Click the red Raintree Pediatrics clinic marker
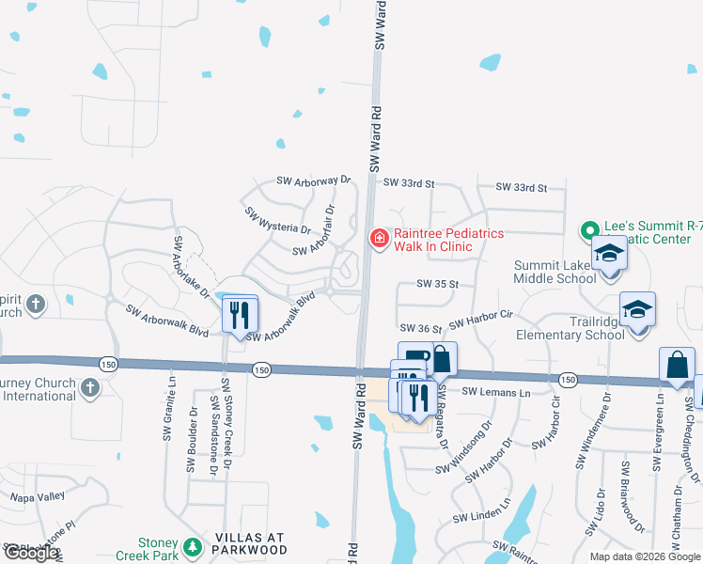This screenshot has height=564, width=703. (x=379, y=240)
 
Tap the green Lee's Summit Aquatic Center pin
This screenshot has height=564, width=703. (x=589, y=230)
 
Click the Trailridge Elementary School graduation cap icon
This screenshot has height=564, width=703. (x=637, y=311)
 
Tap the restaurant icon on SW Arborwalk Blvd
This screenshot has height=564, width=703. (x=240, y=313)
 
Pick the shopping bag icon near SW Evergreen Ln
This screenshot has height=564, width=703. (x=677, y=367)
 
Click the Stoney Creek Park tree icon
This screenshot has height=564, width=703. (x=193, y=546)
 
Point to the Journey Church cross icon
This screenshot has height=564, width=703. (x=89, y=387)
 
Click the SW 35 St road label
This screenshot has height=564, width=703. (x=437, y=284)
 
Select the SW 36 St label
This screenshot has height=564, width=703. (x=420, y=328)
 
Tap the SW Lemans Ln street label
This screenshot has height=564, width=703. (x=495, y=391)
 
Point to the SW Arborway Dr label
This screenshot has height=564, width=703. (x=313, y=180)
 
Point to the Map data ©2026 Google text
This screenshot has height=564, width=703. (x=645, y=556)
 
